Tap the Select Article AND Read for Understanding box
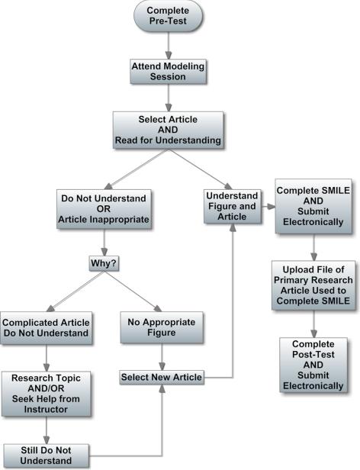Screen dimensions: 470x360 coord(169,130)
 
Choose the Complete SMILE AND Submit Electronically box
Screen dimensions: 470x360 coord(313,205)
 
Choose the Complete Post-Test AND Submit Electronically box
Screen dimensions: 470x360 coord(313,365)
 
